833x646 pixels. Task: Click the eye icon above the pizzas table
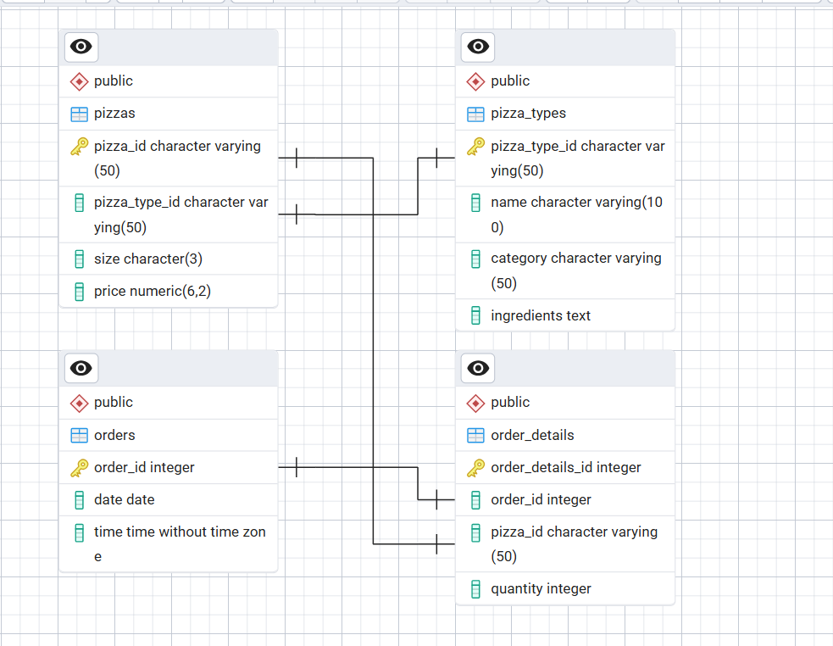tap(81, 47)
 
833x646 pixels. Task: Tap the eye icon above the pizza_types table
tap(478, 47)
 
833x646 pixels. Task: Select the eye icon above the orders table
tap(81, 368)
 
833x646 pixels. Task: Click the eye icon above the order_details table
tap(478, 368)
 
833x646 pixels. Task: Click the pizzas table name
tap(114, 114)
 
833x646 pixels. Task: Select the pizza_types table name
tap(528, 114)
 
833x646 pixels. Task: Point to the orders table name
tap(114, 435)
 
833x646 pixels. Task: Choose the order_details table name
tap(532, 435)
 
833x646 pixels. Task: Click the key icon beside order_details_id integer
tap(475, 468)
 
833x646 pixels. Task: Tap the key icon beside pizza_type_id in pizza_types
tap(475, 147)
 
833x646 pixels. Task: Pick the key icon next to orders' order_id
tap(79, 468)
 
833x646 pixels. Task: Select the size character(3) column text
tap(148, 259)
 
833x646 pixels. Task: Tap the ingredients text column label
tap(541, 316)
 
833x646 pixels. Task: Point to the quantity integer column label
tap(541, 588)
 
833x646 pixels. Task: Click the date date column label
tap(125, 500)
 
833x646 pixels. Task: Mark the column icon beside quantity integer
tap(475, 589)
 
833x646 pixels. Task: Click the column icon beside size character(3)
tap(79, 259)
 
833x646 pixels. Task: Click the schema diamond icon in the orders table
tap(79, 403)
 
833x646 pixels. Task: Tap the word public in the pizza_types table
tap(510, 81)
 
